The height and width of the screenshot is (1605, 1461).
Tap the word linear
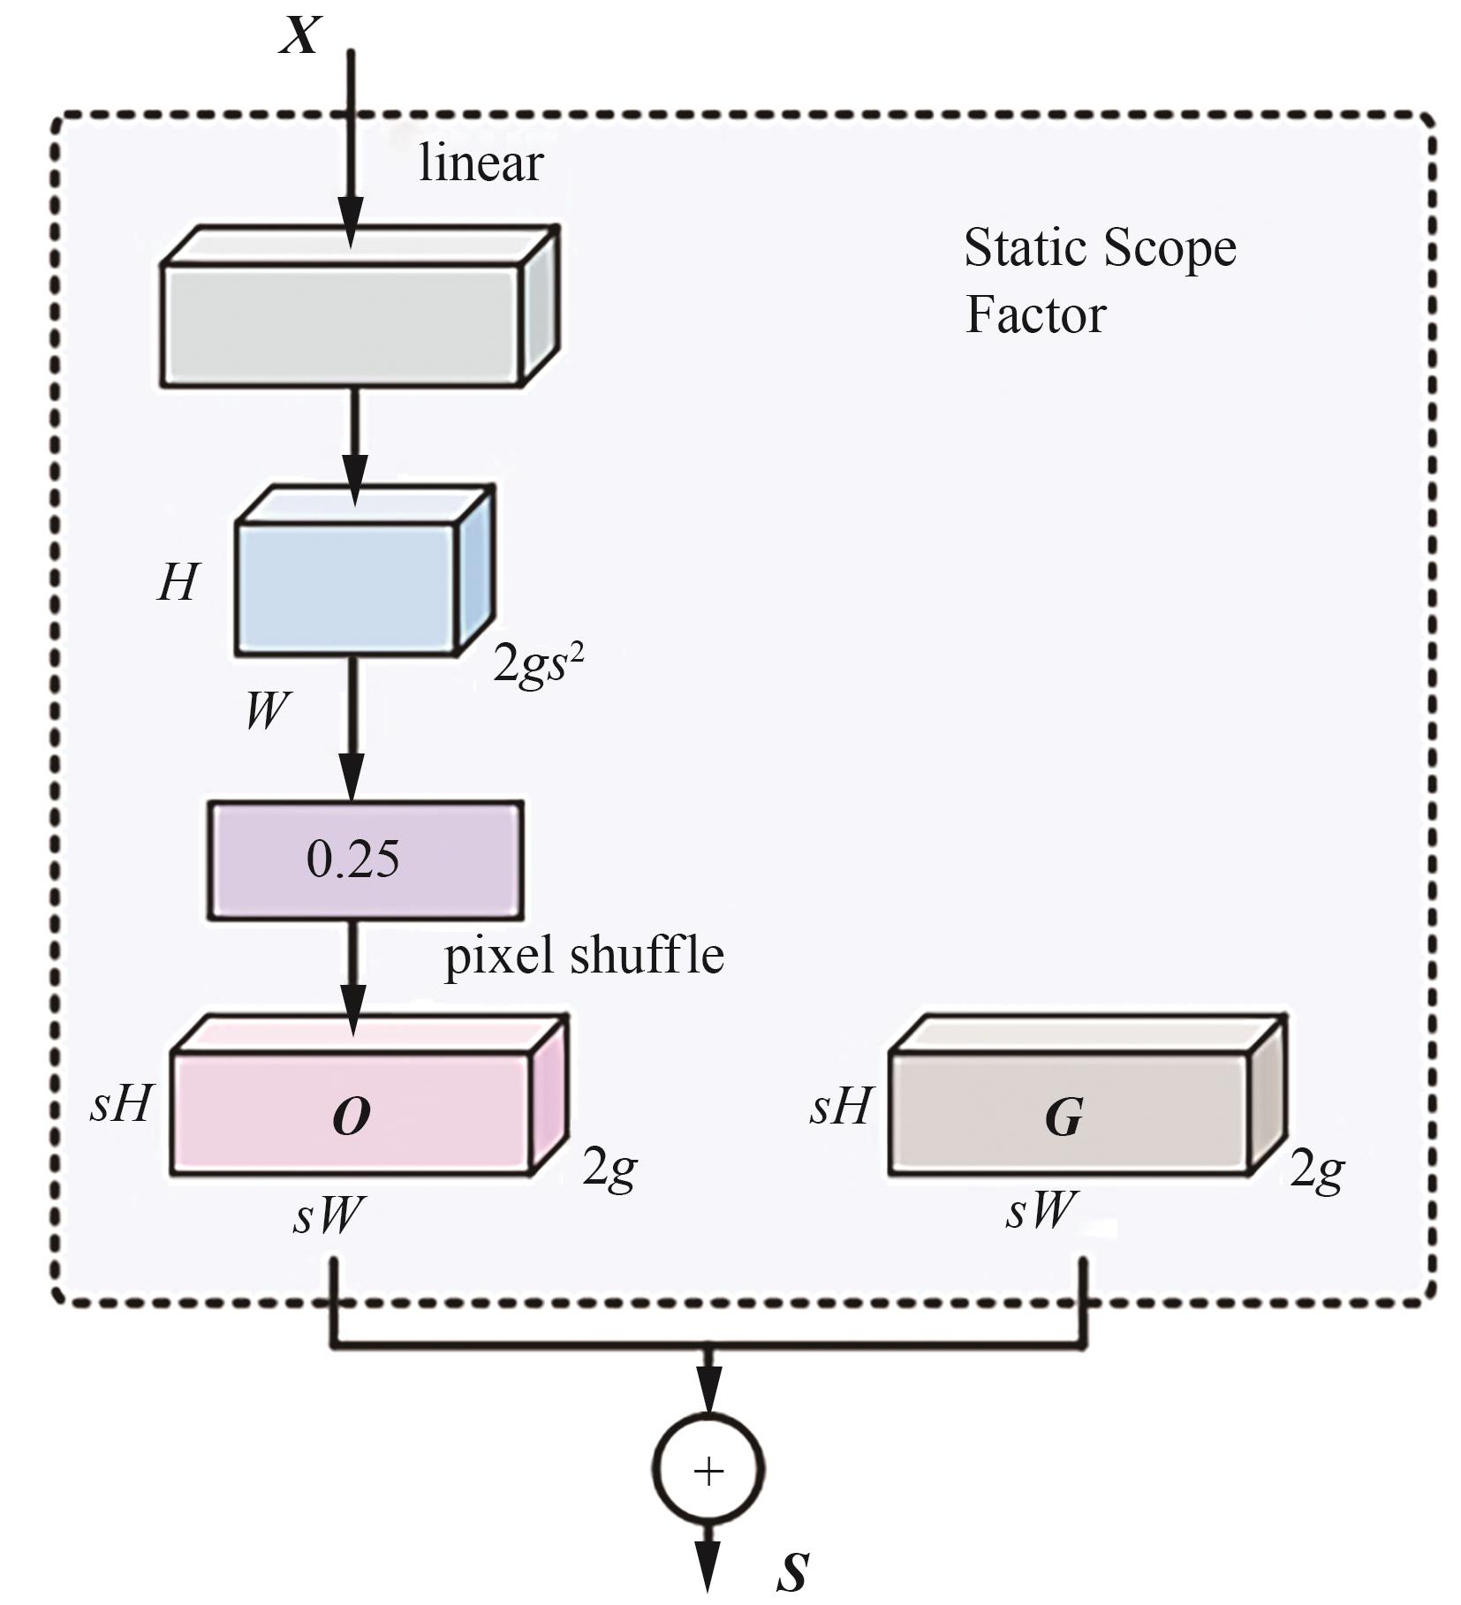coord(481,164)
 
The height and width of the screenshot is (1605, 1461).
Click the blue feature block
coord(346,587)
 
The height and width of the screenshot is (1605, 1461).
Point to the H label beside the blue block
coord(178,583)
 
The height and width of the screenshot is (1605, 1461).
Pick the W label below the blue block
coord(267,709)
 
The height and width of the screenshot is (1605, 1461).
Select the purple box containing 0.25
coord(365,859)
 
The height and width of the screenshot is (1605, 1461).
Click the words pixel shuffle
coord(583,956)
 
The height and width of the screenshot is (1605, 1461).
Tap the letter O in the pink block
coord(352,1117)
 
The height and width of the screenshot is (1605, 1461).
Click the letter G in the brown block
coord(1064,1117)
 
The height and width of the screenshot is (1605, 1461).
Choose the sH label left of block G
coord(841,1106)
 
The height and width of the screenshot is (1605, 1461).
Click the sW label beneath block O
coord(328,1215)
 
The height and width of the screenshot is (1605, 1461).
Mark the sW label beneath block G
coord(1041,1210)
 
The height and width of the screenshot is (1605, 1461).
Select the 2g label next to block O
coord(609,1170)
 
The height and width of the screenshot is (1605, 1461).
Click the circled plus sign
coord(708,1471)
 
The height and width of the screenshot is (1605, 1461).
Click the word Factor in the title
coord(1035,314)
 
